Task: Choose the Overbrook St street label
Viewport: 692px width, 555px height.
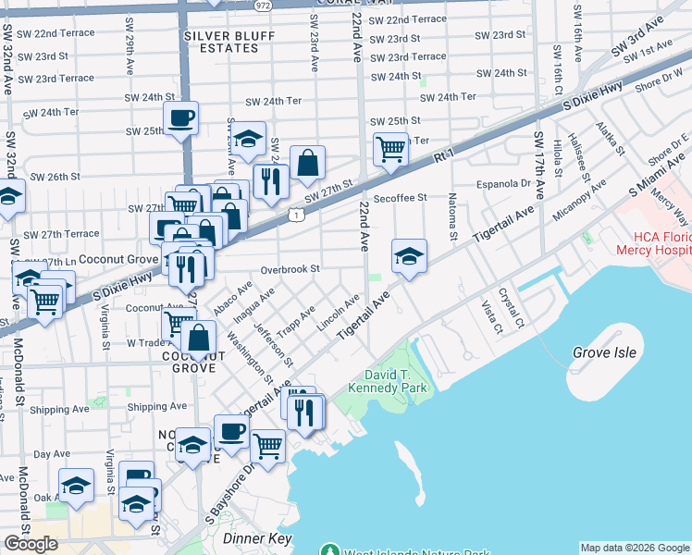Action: pos(290,269)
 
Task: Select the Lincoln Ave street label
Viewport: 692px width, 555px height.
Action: pos(338,314)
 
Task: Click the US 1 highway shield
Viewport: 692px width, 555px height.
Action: pos(295,215)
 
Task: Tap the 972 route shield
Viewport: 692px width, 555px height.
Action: pos(262,5)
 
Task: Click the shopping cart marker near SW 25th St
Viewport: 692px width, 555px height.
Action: pos(390,147)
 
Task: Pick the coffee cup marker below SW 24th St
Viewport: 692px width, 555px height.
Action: pos(180,117)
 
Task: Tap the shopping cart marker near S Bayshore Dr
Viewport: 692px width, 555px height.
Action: pos(267,445)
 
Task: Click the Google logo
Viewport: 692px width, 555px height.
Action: pos(31,544)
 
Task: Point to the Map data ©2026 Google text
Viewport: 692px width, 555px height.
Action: pos(635,548)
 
